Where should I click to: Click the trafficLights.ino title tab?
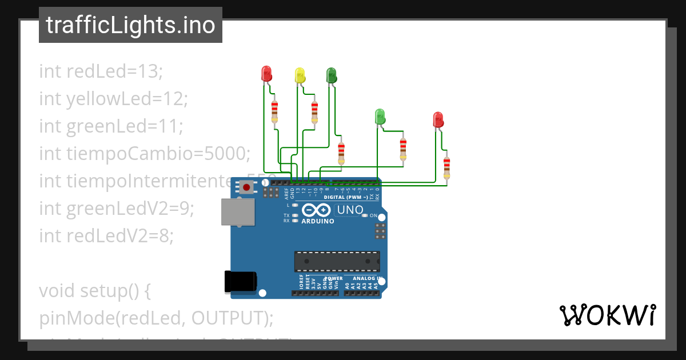(x=130, y=25)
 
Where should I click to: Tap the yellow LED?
(x=300, y=75)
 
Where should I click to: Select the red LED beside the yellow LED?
(x=266, y=74)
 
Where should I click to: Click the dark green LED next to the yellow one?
(x=331, y=75)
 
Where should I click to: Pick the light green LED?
(x=379, y=116)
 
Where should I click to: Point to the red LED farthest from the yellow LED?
(x=438, y=119)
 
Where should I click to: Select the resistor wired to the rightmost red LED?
(x=446, y=167)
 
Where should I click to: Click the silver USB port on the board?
(x=239, y=211)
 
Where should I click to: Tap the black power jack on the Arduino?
(x=241, y=282)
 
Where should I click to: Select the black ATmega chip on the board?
(x=337, y=261)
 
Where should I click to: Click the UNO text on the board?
(x=350, y=210)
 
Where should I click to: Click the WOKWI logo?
(x=607, y=315)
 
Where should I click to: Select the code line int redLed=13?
(x=101, y=71)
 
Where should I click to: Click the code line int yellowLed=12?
(x=113, y=99)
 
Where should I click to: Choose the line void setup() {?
(x=94, y=291)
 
